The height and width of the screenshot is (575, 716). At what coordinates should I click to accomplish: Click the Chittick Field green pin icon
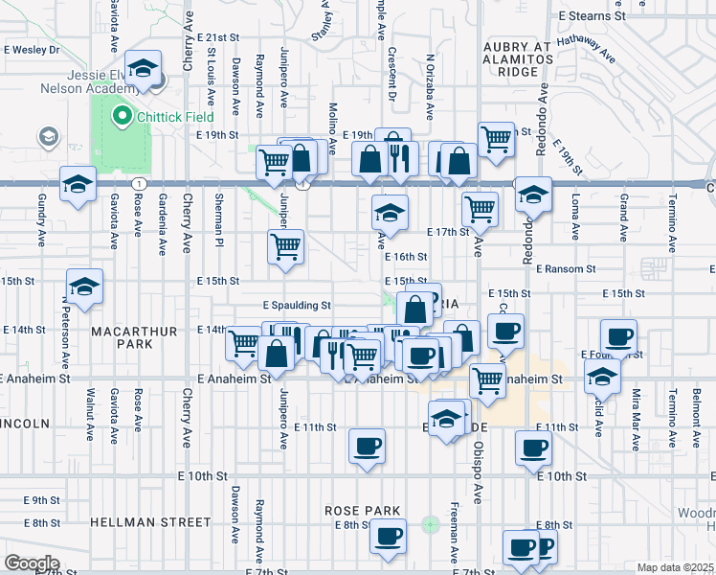click(x=123, y=118)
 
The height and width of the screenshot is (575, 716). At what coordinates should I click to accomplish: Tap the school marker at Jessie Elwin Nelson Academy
click(x=144, y=70)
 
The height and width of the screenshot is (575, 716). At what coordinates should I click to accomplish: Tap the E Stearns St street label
click(x=591, y=16)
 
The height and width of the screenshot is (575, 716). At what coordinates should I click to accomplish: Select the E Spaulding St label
click(x=297, y=306)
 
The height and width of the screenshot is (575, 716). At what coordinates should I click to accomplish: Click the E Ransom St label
click(x=566, y=269)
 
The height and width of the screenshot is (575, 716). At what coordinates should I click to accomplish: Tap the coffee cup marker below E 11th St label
click(x=368, y=446)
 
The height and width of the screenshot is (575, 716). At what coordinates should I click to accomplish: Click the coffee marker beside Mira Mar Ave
click(x=617, y=336)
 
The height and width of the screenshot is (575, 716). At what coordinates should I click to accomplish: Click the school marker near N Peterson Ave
click(x=84, y=286)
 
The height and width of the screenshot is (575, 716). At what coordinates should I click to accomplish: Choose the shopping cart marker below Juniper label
click(x=286, y=247)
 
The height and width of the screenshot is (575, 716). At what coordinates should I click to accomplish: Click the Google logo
click(x=32, y=563)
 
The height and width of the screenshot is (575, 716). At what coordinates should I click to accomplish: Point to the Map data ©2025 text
click(x=675, y=567)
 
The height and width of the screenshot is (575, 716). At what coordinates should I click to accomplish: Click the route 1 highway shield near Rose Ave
click(x=141, y=182)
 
